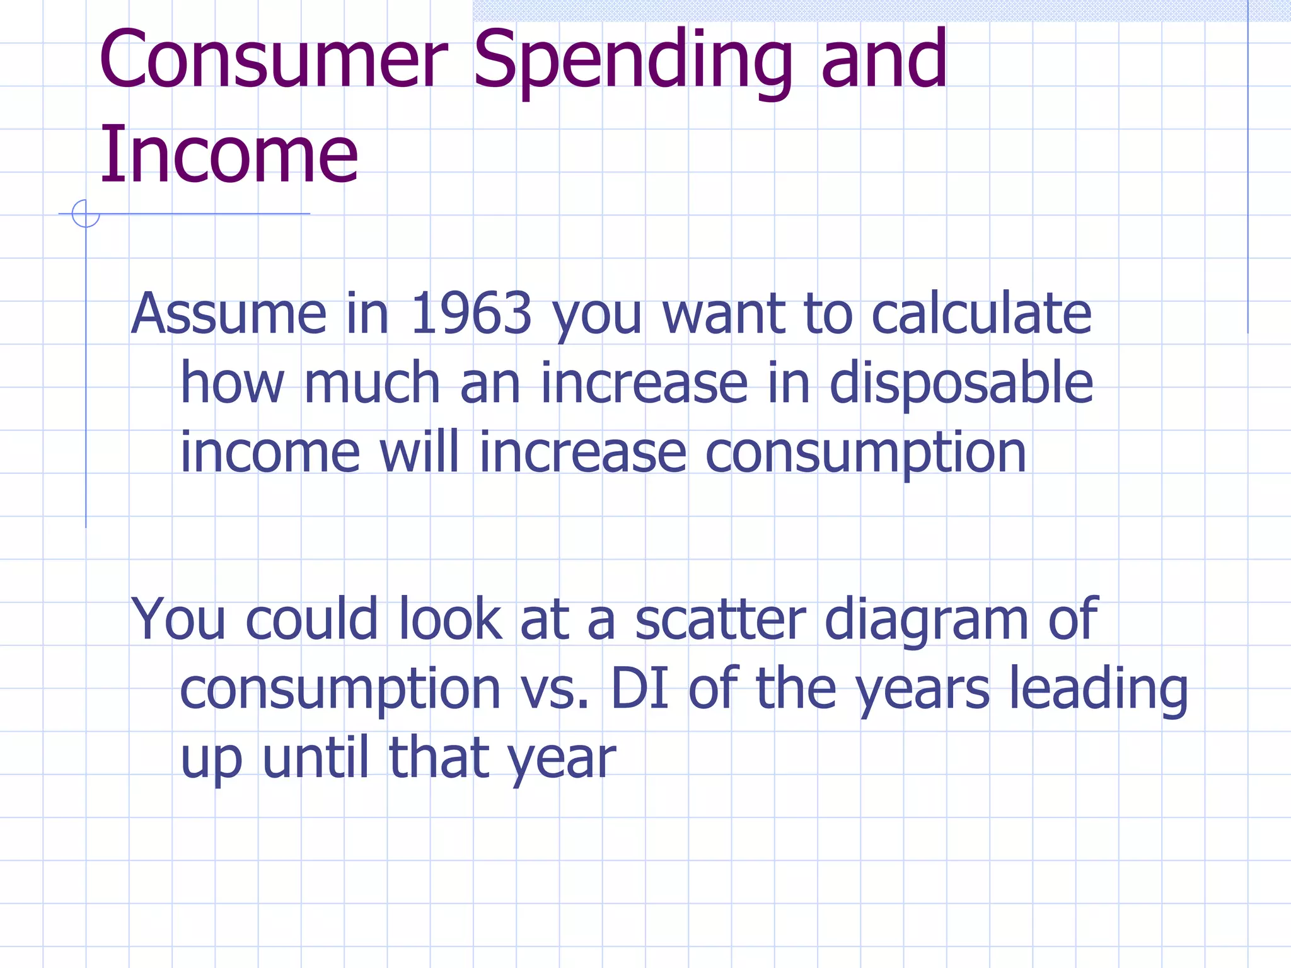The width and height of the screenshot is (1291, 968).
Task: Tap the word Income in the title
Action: click(229, 155)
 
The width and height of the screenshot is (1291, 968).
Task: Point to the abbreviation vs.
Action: click(555, 690)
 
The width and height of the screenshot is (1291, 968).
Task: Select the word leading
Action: click(1098, 690)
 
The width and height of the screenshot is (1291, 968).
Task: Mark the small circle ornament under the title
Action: click(86, 214)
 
